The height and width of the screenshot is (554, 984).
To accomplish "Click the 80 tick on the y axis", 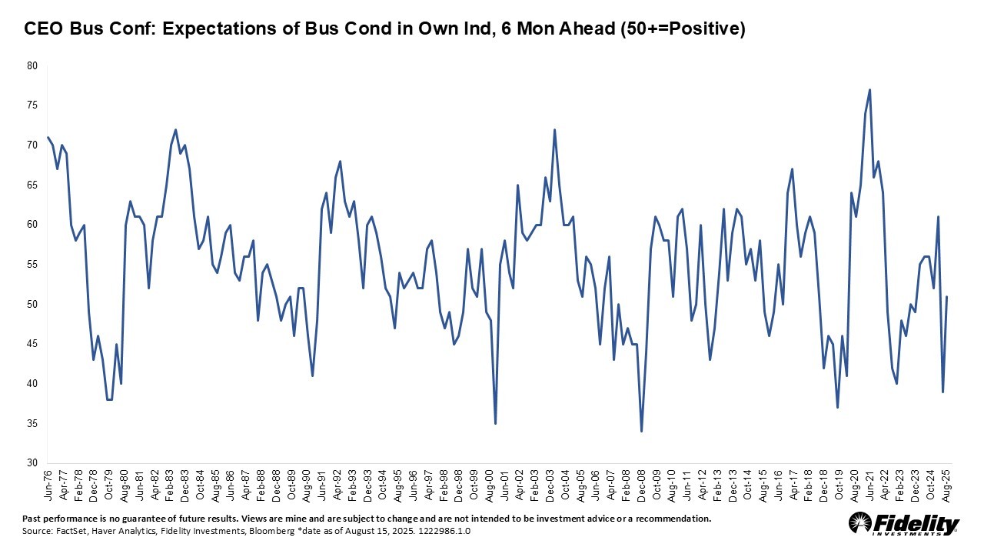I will [x=32, y=65].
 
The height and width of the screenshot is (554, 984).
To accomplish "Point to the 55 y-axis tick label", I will [x=32, y=264].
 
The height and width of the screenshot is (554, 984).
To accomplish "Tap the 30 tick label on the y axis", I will [x=32, y=463].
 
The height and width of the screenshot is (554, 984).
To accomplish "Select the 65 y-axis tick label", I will [x=32, y=185].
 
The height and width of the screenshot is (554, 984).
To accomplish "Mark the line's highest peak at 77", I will [x=869, y=90].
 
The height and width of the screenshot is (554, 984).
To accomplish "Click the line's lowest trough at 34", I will [x=641, y=431].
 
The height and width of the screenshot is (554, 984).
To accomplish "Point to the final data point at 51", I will [x=947, y=296].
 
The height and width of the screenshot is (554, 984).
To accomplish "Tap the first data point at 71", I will [x=48, y=138].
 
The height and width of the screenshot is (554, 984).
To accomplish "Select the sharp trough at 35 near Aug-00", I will [x=495, y=423].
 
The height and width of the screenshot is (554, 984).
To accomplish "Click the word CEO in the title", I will [x=43, y=29].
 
